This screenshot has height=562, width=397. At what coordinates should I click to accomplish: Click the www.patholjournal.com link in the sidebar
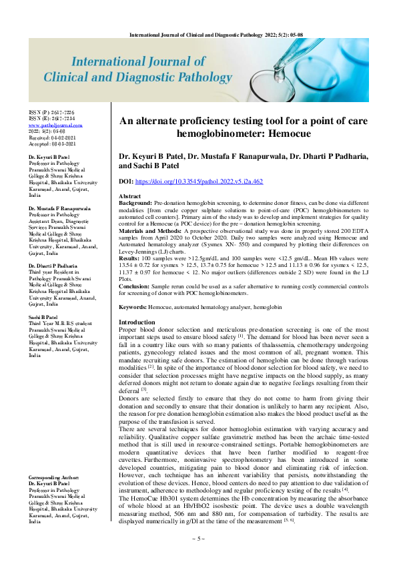pos(55,124)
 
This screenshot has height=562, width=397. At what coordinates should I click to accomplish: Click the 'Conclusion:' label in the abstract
pos(137,285)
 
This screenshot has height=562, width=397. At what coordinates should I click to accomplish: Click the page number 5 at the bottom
pos(198,555)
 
